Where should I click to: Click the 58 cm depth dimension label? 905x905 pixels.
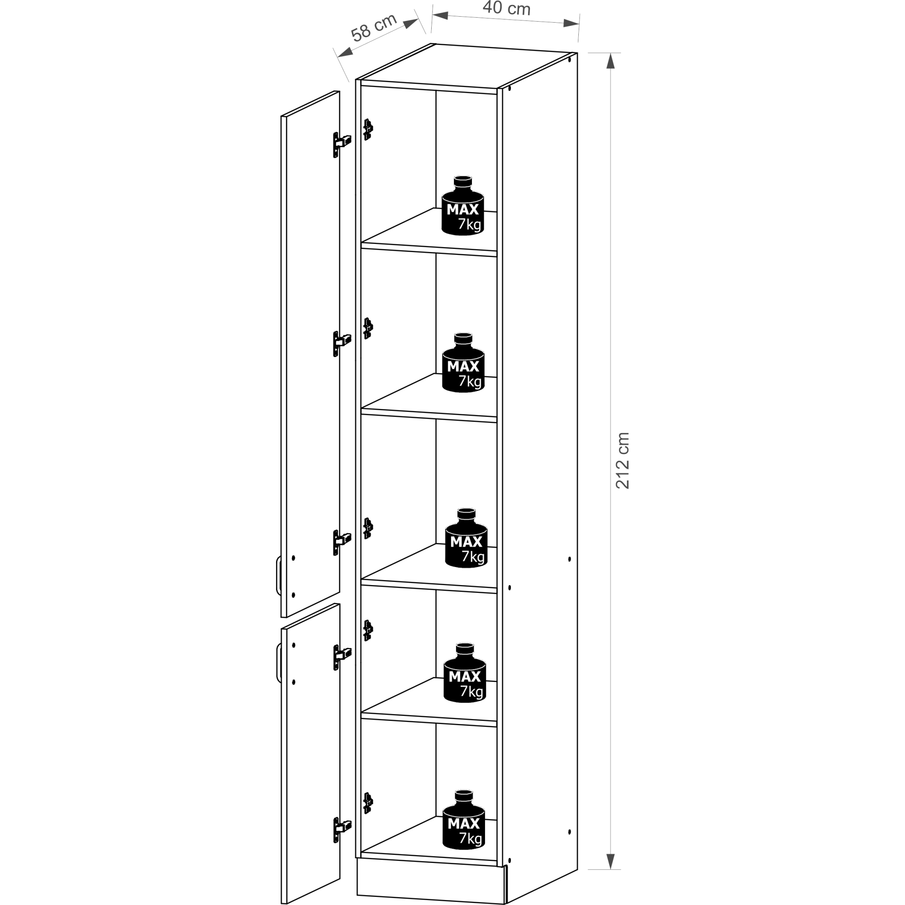pyautogui.click(x=374, y=27)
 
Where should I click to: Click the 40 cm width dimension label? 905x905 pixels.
pyautogui.click(x=506, y=8)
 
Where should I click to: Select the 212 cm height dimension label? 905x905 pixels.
pyautogui.click(x=622, y=461)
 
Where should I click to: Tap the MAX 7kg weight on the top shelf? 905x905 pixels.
pyautogui.click(x=463, y=205)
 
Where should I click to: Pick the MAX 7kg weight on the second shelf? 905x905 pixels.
pyautogui.click(x=463, y=362)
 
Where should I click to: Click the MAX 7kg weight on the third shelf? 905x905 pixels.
pyautogui.click(x=466, y=537)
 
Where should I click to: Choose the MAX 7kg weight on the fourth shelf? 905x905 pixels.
pyautogui.click(x=465, y=672)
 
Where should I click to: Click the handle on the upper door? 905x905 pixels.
pyautogui.click(x=278, y=575)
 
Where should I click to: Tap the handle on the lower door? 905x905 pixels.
pyautogui.click(x=278, y=663)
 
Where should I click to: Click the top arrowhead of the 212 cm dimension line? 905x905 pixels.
pyautogui.click(x=610, y=61)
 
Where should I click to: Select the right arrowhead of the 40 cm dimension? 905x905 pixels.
pyautogui.click(x=572, y=23)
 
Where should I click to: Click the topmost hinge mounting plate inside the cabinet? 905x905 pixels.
pyautogui.click(x=368, y=129)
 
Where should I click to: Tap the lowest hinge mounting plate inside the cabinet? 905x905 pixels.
pyautogui.click(x=368, y=815)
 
